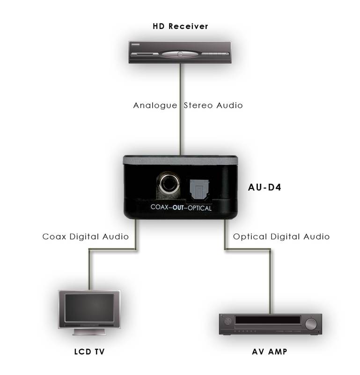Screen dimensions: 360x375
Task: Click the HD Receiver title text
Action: tap(180, 26)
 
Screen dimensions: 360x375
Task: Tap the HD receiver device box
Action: tap(180, 52)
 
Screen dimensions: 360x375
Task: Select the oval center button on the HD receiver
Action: tap(180, 54)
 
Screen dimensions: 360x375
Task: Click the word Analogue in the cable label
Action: tap(155, 105)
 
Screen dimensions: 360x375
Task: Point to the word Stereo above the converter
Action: tap(198, 105)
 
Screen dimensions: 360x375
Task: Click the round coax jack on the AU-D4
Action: tap(169, 183)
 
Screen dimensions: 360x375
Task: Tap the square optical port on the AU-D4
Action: tap(199, 190)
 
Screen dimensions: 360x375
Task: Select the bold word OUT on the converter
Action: tap(178, 207)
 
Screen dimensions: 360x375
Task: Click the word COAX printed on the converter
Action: tap(160, 207)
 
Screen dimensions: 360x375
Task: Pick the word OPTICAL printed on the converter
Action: tap(200, 208)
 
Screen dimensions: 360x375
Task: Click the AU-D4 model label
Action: tap(264, 187)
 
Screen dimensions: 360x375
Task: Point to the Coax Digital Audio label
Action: tap(86, 237)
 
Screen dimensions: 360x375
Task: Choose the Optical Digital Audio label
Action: tap(281, 237)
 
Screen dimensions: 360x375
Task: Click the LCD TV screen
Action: tap(89, 308)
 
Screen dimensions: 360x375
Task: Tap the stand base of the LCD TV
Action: tap(89, 332)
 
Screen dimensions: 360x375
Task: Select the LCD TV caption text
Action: tap(89, 352)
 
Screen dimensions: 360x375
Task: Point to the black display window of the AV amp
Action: tap(268, 320)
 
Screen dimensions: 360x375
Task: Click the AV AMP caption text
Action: tap(270, 352)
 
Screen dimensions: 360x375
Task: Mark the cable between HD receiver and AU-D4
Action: tap(181, 109)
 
